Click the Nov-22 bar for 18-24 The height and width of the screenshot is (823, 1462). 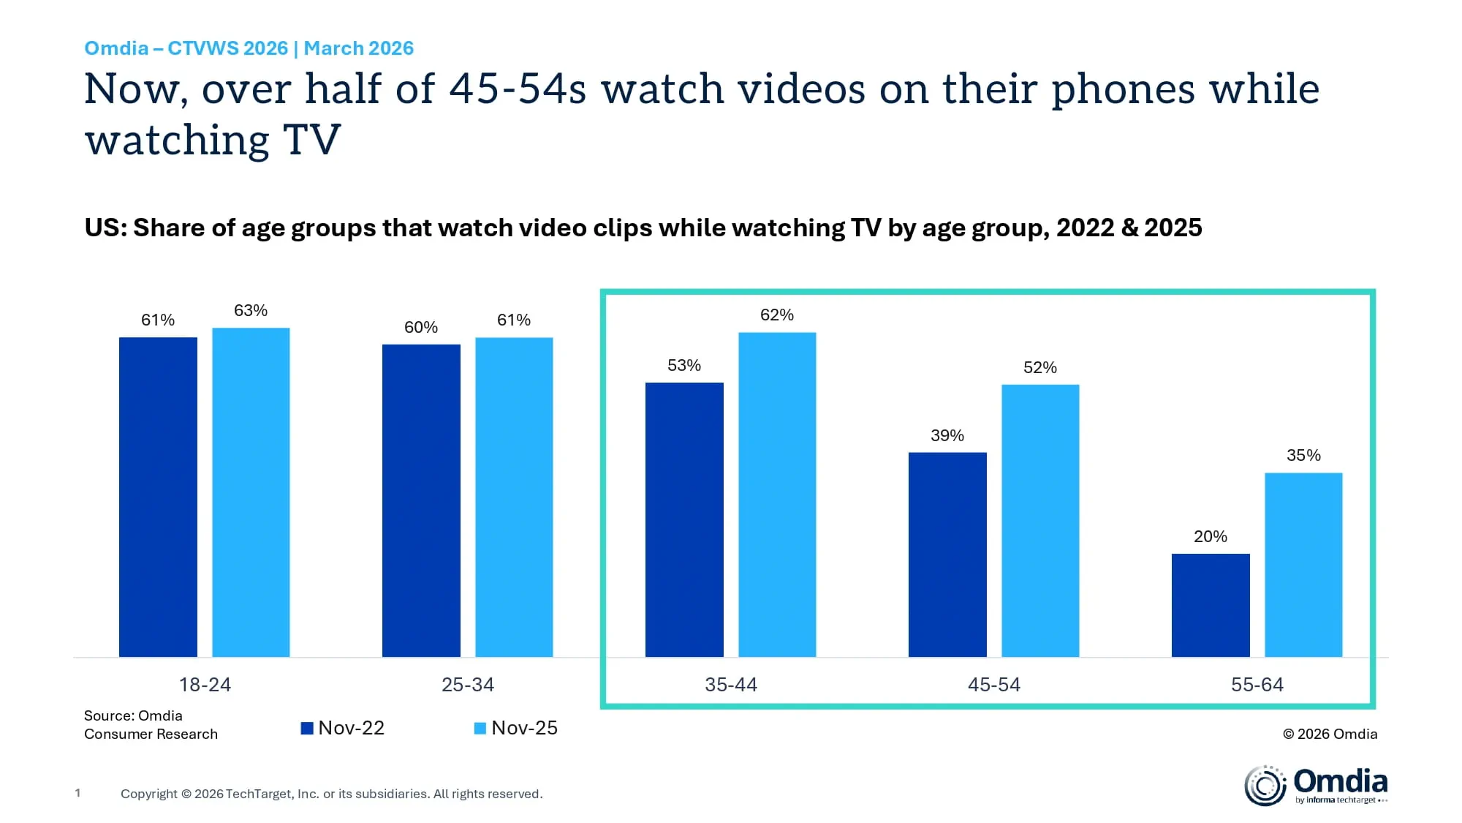pyautogui.click(x=158, y=497)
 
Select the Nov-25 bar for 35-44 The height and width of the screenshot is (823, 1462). pyautogui.click(x=777, y=495)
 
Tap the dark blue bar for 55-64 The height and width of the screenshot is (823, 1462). pyautogui.click(x=1211, y=605)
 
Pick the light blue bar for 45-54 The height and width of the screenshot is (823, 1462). pyautogui.click(x=1040, y=520)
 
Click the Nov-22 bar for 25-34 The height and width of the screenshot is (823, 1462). pyautogui.click(x=421, y=500)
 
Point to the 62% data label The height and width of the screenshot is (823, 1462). pyautogui.click(x=777, y=315)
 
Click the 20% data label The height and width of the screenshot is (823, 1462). pyautogui.click(x=1211, y=536)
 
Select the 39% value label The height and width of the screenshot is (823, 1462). pyautogui.click(x=947, y=435)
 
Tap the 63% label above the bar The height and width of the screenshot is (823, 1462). pyautogui.click(x=251, y=310)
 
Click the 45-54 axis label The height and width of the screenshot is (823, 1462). pyautogui.click(x=994, y=685)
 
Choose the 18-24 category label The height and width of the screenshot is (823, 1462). pyautogui.click(x=205, y=685)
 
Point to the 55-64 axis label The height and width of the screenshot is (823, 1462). pyautogui.click(x=1257, y=685)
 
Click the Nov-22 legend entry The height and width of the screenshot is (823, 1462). pyautogui.click(x=343, y=728)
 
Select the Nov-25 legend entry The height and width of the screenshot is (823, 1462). pyautogui.click(x=516, y=728)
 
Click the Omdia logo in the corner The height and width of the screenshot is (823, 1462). pyautogui.click(x=1316, y=785)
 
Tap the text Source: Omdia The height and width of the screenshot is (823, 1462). pyautogui.click(x=133, y=715)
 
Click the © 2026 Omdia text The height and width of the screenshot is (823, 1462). pyautogui.click(x=1330, y=734)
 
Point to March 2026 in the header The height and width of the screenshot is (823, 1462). pyautogui.click(x=358, y=48)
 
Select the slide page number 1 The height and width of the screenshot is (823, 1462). pyautogui.click(x=77, y=793)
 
